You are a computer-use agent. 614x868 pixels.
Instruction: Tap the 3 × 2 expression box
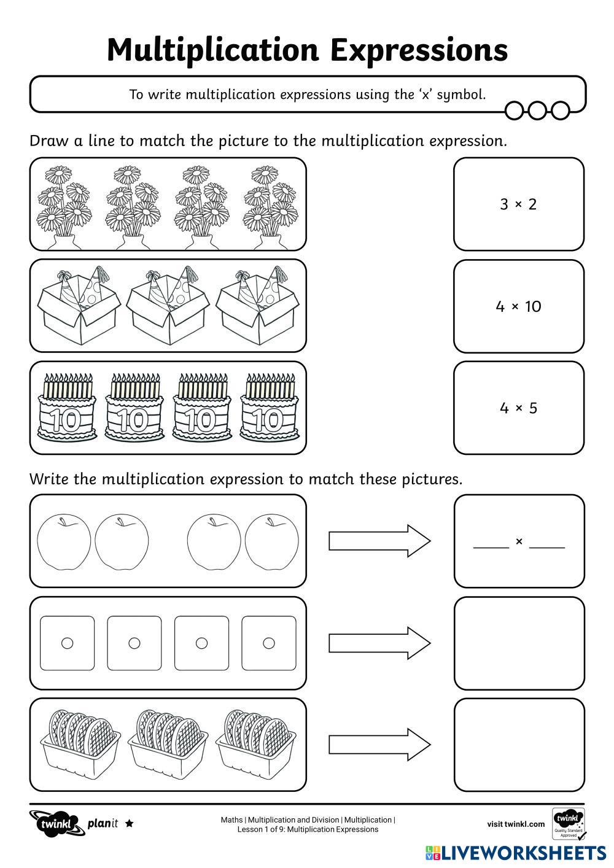point(519,204)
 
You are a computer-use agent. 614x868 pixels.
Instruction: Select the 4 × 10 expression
point(519,306)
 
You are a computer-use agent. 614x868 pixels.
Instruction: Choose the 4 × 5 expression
point(519,408)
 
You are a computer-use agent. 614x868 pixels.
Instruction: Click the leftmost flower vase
point(64,206)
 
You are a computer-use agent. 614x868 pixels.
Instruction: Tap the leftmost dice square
point(67,643)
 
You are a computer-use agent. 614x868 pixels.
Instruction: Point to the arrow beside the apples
point(379,541)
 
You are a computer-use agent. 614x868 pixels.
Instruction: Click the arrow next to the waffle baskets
point(379,745)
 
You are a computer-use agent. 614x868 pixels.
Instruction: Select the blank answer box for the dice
point(519,643)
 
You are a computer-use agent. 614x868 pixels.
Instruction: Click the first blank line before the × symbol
point(491,543)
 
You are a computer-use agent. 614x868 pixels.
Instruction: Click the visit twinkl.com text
point(516,824)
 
